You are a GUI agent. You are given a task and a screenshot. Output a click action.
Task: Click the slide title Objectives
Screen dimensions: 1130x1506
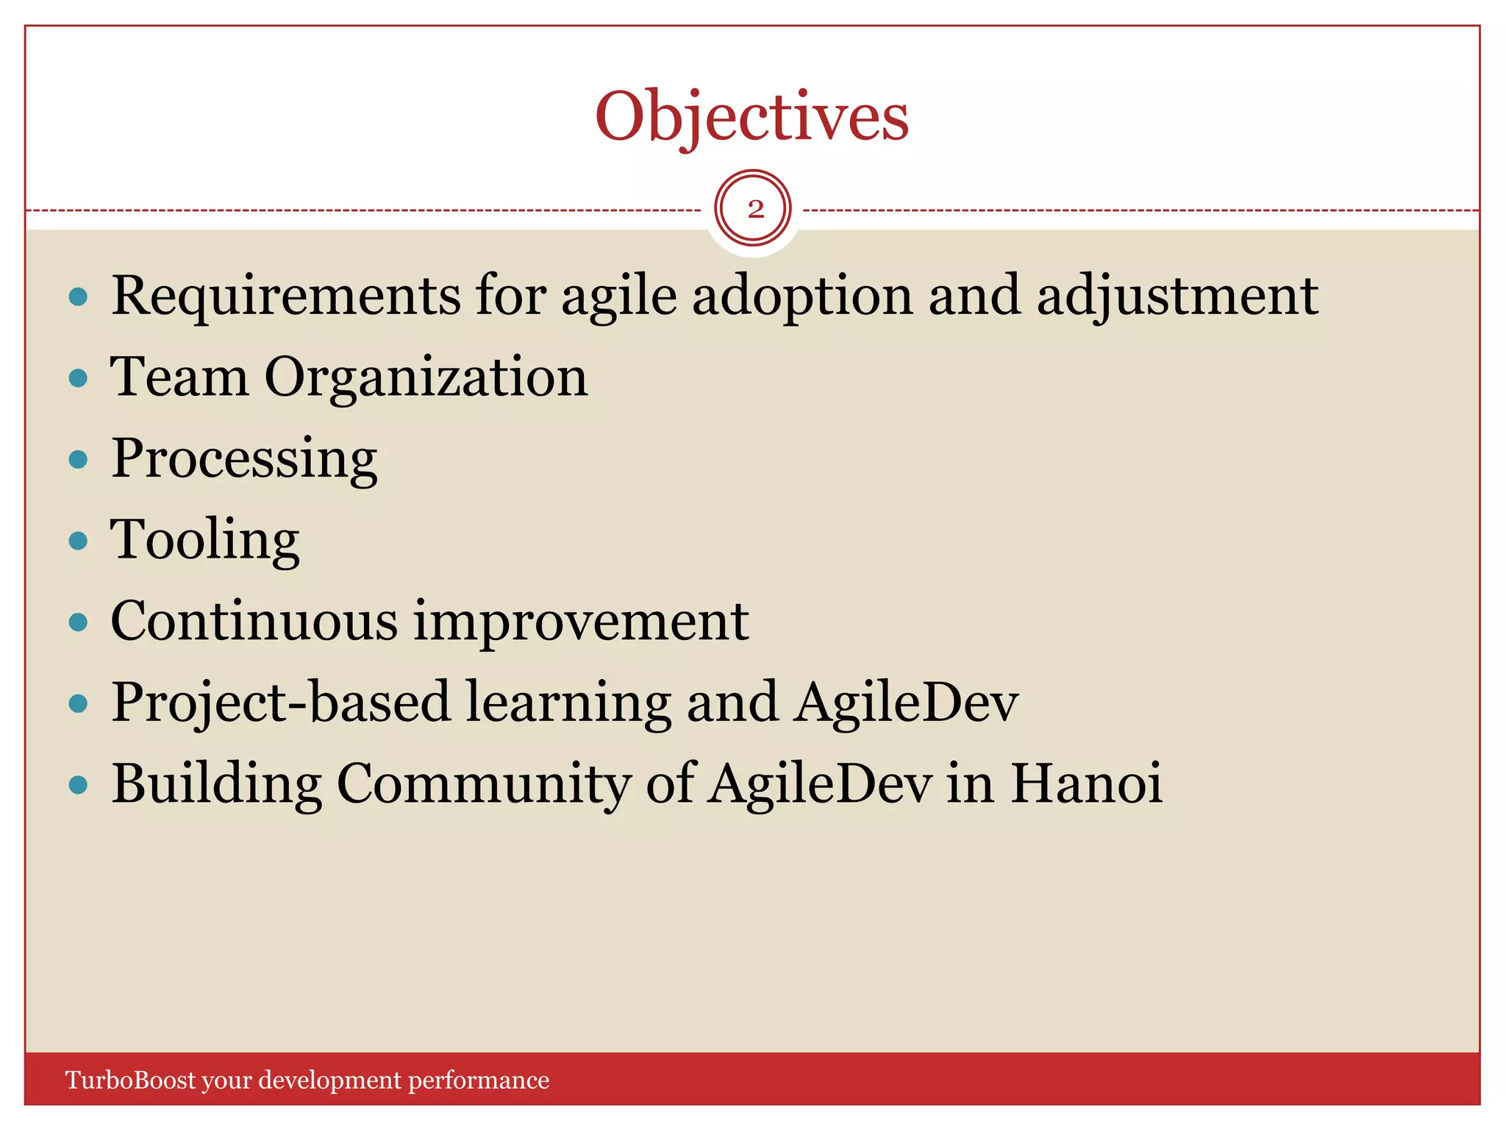pyautogui.click(x=752, y=118)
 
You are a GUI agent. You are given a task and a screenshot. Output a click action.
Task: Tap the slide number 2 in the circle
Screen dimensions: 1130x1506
pyautogui.click(x=755, y=210)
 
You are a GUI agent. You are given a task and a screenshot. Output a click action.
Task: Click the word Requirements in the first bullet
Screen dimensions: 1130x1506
pyautogui.click(x=285, y=296)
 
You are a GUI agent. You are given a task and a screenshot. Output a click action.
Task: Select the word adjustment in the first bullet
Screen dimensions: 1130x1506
pyautogui.click(x=1177, y=296)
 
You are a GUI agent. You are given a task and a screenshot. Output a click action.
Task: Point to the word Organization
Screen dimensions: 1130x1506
pyautogui.click(x=426, y=377)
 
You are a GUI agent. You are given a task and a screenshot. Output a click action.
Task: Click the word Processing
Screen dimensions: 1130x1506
pyautogui.click(x=244, y=459)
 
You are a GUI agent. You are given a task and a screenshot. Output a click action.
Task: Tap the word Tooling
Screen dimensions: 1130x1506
pyautogui.click(x=205, y=541)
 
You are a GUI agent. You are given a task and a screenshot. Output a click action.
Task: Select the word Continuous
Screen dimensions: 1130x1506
pyautogui.click(x=254, y=622)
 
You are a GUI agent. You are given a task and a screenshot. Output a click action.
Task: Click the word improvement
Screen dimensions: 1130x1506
pyautogui.click(x=581, y=622)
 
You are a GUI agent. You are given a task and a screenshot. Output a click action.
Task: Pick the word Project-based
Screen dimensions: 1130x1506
pyautogui.click(x=280, y=703)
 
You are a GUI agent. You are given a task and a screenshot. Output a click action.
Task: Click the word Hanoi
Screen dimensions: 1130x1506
pyautogui.click(x=1086, y=784)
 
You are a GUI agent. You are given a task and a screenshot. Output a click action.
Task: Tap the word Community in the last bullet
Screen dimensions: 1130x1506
pyautogui.click(x=483, y=784)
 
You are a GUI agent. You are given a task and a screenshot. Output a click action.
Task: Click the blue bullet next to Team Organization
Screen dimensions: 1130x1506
pyautogui.click(x=78, y=379)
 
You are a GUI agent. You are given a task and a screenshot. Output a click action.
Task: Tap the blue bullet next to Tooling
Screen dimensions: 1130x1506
pyautogui.click(x=78, y=541)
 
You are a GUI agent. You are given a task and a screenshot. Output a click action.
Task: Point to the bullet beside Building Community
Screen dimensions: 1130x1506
pyautogui.click(x=78, y=785)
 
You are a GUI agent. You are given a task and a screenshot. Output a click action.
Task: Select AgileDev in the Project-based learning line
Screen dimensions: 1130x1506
pyautogui.click(x=907, y=703)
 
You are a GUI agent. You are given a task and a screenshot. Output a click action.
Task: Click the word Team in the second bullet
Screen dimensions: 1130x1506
pyautogui.click(x=179, y=377)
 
